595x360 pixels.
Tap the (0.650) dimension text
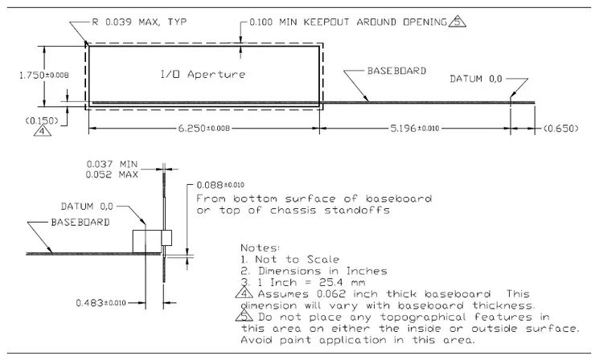(558, 128)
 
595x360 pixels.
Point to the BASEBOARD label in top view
(396, 72)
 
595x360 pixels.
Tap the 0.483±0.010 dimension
(101, 302)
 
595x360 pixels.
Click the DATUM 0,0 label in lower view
(89, 205)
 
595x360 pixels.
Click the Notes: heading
(260, 248)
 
